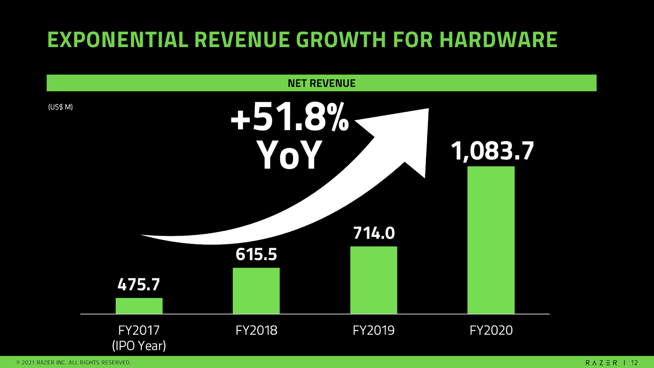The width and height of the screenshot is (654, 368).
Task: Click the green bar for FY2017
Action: (139, 306)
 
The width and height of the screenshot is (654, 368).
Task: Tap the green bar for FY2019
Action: (374, 280)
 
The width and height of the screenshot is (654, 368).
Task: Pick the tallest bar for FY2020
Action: (491, 240)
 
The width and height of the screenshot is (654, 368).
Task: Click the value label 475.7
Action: (139, 284)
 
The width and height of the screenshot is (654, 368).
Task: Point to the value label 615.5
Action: (256, 254)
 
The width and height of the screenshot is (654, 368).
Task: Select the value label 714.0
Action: (374, 233)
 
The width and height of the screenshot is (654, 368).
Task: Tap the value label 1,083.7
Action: (492, 151)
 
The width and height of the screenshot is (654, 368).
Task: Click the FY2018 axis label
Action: (256, 330)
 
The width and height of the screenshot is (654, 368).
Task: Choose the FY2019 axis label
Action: (374, 330)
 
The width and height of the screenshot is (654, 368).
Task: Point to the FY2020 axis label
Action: (491, 330)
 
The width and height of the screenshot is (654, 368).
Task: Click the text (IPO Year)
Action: (139, 345)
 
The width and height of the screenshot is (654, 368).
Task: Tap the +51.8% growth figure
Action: (290, 118)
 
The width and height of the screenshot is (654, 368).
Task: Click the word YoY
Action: (289, 155)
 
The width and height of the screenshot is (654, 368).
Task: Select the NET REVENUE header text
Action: (322, 83)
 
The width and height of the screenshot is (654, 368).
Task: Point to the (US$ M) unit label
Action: (60, 107)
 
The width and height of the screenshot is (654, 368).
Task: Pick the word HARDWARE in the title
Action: (498, 40)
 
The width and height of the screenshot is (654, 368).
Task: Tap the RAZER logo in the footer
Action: (601, 363)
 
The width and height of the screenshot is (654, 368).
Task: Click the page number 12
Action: (634, 363)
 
